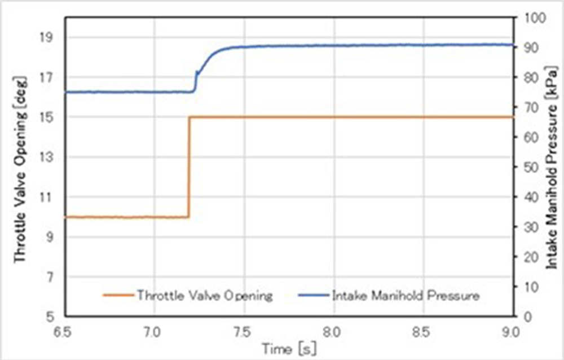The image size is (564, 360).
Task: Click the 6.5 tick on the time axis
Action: click(65, 330)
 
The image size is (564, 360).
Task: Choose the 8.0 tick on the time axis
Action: click(333, 330)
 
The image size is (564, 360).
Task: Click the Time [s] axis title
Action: click(288, 348)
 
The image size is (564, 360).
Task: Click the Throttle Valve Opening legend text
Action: click(204, 295)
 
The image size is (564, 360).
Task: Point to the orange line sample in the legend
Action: click(118, 295)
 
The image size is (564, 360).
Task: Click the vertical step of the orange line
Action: click(189, 167)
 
